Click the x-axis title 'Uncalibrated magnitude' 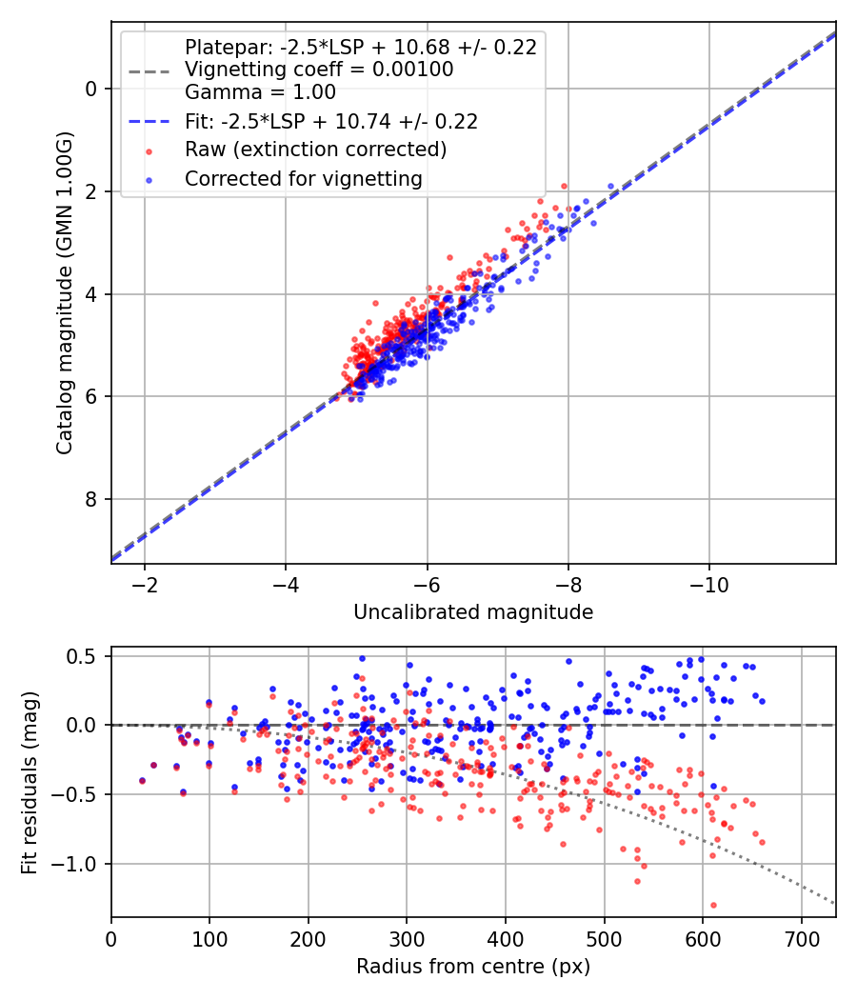(x=473, y=612)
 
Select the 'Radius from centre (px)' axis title (x=473, y=967)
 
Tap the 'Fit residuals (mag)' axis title (x=30, y=782)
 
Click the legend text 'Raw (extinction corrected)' (x=316, y=150)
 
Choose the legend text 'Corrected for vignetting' (x=304, y=178)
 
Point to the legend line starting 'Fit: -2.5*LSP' (x=331, y=121)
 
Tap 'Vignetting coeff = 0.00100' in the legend (x=319, y=70)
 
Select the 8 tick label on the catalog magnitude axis (x=91, y=499)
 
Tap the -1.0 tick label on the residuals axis (x=79, y=864)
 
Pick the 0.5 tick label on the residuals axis (x=86, y=656)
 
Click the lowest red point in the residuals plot (x=713, y=905)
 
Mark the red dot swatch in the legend (x=148, y=150)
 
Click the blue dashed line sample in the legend (x=149, y=122)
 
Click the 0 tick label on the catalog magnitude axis (x=91, y=89)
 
